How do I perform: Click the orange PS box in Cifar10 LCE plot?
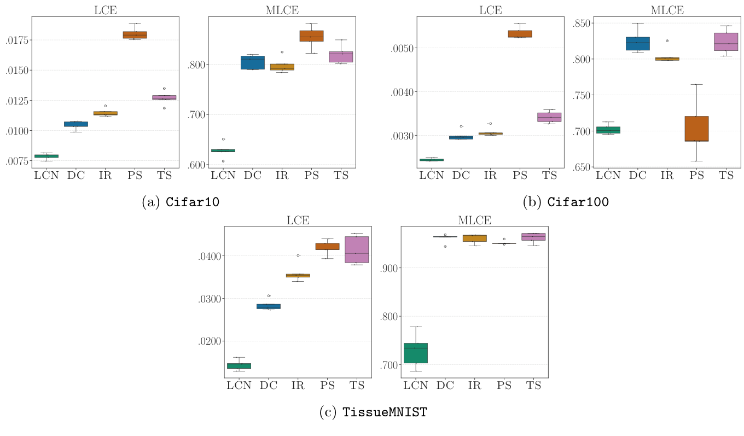[x=135, y=35]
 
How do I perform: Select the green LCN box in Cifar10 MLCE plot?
[x=223, y=150]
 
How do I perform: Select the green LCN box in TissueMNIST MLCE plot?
[x=415, y=353]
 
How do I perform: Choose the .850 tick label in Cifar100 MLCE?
[x=558, y=23]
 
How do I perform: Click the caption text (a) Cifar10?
[x=181, y=202]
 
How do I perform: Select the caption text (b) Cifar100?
[x=566, y=202]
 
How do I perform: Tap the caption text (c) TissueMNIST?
[x=373, y=412]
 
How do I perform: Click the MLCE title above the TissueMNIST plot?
[x=474, y=220]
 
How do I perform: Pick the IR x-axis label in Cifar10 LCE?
[x=105, y=175]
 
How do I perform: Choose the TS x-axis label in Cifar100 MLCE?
[x=726, y=175]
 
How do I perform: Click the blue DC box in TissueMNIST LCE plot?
[x=269, y=306]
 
